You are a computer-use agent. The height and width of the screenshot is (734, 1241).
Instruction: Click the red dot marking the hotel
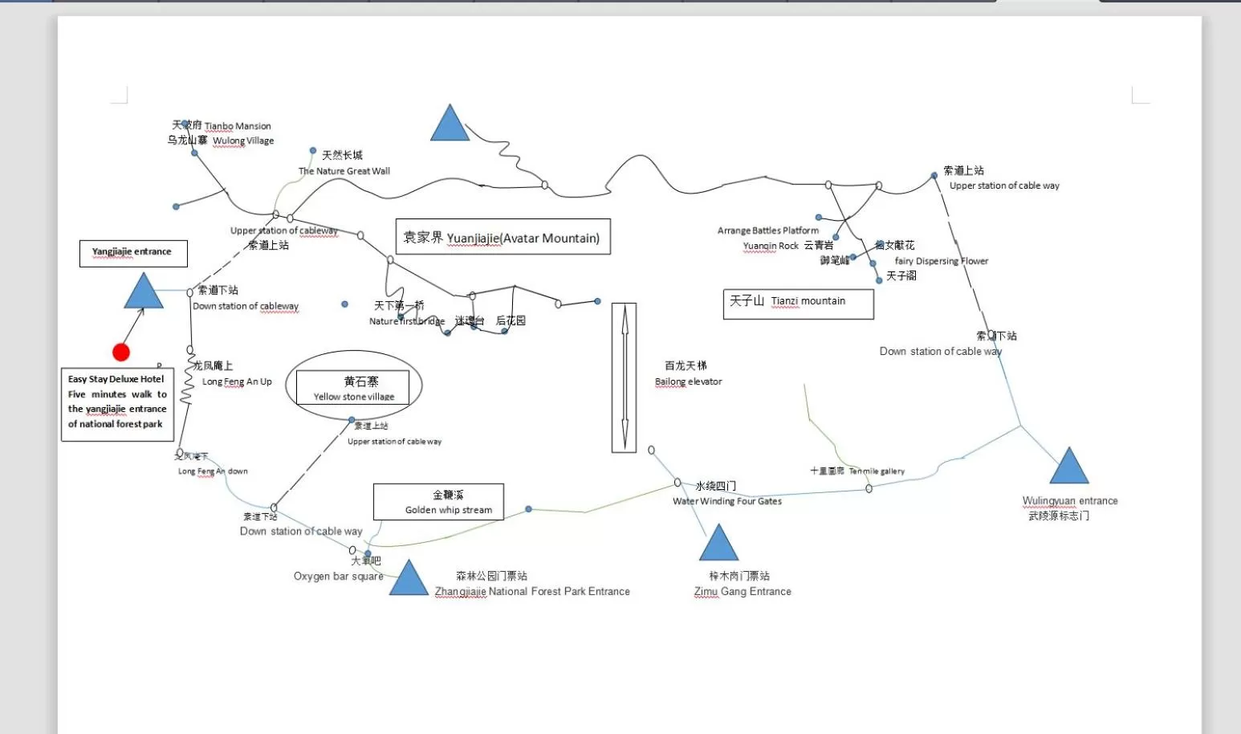pos(121,352)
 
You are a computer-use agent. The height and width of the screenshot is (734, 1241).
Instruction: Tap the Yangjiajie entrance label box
pos(133,253)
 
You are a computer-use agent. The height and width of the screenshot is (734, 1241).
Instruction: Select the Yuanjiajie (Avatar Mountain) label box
pos(503,237)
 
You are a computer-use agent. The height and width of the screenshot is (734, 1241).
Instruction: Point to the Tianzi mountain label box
pos(798,304)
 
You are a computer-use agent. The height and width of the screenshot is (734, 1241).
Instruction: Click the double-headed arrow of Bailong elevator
pos(625,377)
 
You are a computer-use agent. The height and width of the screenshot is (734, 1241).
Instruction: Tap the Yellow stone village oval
pos(354,386)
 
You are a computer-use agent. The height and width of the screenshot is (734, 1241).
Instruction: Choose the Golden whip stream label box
pos(438,502)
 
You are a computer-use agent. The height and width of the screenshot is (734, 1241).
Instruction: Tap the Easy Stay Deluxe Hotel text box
pos(117,404)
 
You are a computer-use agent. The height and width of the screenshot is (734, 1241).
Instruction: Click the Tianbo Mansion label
pos(238,126)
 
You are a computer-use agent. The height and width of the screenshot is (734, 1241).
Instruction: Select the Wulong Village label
pos(243,141)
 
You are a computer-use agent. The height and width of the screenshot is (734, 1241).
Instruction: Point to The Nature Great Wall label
pos(344,171)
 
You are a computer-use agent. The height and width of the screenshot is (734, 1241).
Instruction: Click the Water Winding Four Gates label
pos(727,501)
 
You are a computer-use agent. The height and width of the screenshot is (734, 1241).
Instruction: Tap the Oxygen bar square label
pos(338,576)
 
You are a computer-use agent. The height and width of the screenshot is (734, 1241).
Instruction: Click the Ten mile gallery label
pos(877,471)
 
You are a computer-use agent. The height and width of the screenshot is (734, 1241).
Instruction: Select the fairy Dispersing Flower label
pos(942,261)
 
